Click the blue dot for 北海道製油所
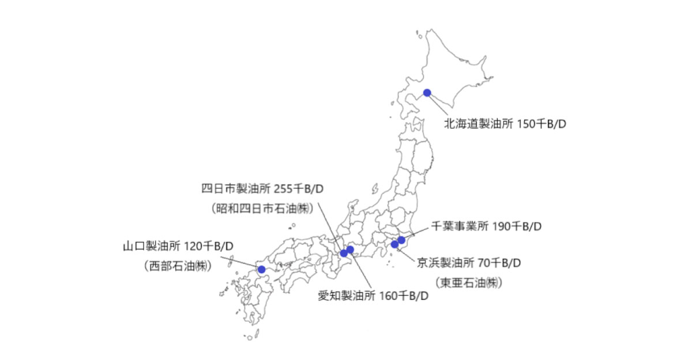coord(427,92)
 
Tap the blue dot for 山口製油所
coord(261,269)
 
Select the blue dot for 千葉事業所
coord(402,240)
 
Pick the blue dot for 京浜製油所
coord(394,244)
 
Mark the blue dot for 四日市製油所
coord(344,253)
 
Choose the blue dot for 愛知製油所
coord(350,250)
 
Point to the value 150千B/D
coord(542,124)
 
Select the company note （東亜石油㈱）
coord(468,283)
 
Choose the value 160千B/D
coord(405,297)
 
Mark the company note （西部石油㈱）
coord(176,266)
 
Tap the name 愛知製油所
coord(347,297)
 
